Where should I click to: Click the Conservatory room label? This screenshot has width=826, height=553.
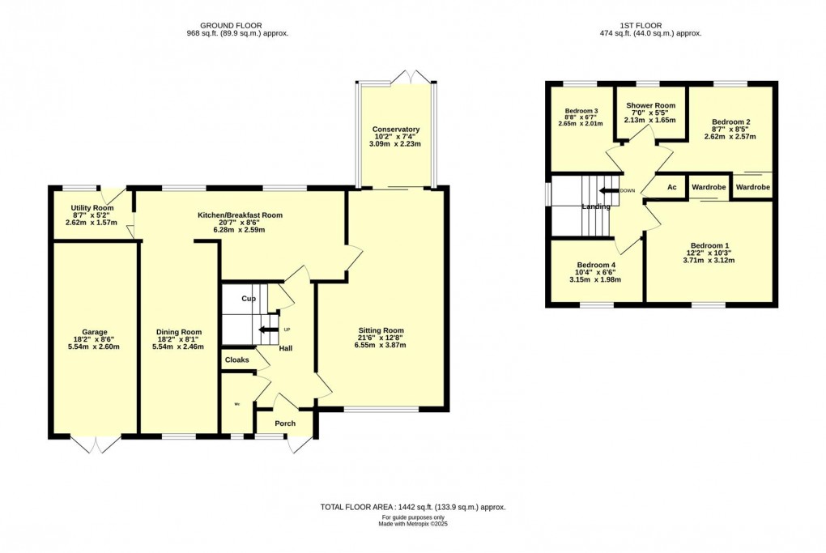click(x=396, y=130)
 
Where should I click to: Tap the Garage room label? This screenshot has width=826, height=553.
click(x=94, y=332)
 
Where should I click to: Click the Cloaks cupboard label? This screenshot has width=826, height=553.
click(x=236, y=359)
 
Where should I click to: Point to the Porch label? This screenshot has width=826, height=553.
click(x=285, y=423)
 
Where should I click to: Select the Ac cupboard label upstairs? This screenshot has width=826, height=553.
click(x=671, y=187)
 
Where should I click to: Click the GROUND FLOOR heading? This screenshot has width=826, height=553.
click(x=237, y=25)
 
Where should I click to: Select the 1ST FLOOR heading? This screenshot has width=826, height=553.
click(x=649, y=25)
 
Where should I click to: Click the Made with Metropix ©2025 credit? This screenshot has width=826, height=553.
click(x=413, y=524)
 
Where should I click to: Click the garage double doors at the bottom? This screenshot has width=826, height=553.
click(x=96, y=445)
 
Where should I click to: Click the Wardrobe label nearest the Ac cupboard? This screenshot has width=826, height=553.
click(x=709, y=187)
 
